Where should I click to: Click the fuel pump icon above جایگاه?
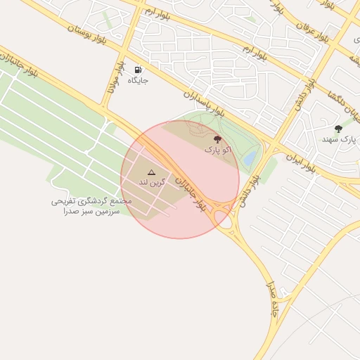(139, 69)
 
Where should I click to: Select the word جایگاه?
(138, 80)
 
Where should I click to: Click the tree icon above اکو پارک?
(217, 139)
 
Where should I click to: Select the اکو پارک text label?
(217, 150)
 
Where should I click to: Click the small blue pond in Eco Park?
(250, 160)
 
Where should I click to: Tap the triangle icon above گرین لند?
(151, 172)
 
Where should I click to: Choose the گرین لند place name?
(150, 182)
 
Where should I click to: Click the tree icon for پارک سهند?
(338, 129)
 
